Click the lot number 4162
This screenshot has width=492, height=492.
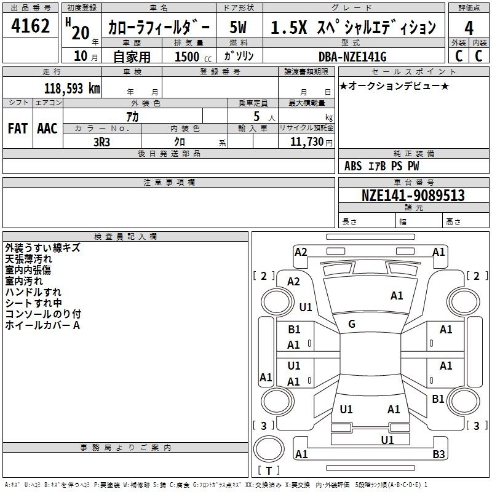pyautogui.click(x=30, y=26)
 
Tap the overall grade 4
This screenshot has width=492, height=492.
pyautogui.click(x=469, y=28)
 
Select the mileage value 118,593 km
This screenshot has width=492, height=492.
pyautogui.click(x=72, y=89)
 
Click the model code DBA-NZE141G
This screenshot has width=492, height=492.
pyautogui.click(x=352, y=57)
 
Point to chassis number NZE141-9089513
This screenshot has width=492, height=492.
pyautogui.click(x=413, y=195)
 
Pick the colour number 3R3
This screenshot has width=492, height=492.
pyautogui.click(x=101, y=142)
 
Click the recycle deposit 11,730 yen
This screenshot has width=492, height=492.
pyautogui.click(x=311, y=142)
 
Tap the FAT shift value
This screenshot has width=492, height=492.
pyautogui.click(x=18, y=129)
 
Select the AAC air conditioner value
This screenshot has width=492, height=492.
pyautogui.click(x=47, y=129)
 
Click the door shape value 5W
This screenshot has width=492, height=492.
pyautogui.click(x=238, y=27)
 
